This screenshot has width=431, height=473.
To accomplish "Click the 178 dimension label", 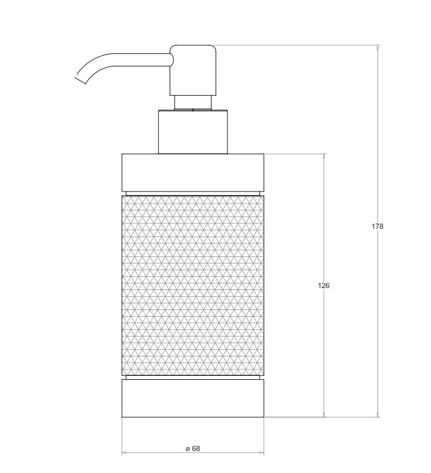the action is [x=377, y=226].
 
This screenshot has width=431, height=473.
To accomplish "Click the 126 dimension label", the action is [x=324, y=285].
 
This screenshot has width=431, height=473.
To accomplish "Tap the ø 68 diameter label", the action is [x=193, y=448].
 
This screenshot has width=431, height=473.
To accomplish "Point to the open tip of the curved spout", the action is [x=80, y=80].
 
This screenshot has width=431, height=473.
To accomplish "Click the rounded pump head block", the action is [x=193, y=71].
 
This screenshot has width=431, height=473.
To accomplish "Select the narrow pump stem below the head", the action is [x=193, y=102].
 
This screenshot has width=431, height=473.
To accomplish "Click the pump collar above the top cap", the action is [x=193, y=132].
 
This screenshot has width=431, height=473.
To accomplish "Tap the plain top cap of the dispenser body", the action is [x=193, y=172].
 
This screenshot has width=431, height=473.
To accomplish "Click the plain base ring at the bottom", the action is [x=193, y=398].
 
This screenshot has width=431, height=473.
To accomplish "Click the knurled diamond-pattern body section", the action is [x=193, y=285].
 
